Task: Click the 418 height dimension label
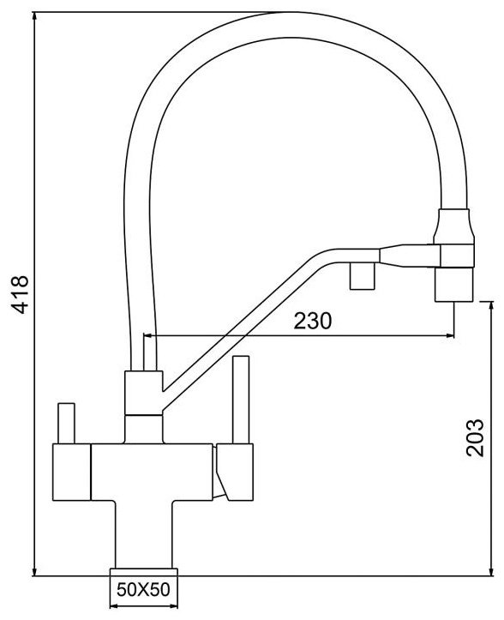click(x=20, y=294)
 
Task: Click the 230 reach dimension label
click(x=313, y=321)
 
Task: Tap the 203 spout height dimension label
click(x=474, y=437)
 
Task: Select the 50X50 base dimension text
click(x=143, y=589)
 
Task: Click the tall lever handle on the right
click(x=241, y=400)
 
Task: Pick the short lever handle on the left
click(x=66, y=423)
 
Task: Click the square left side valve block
click(x=71, y=473)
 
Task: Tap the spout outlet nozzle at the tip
click(x=453, y=285)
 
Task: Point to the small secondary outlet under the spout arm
click(x=362, y=275)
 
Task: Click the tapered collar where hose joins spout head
click(x=453, y=226)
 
